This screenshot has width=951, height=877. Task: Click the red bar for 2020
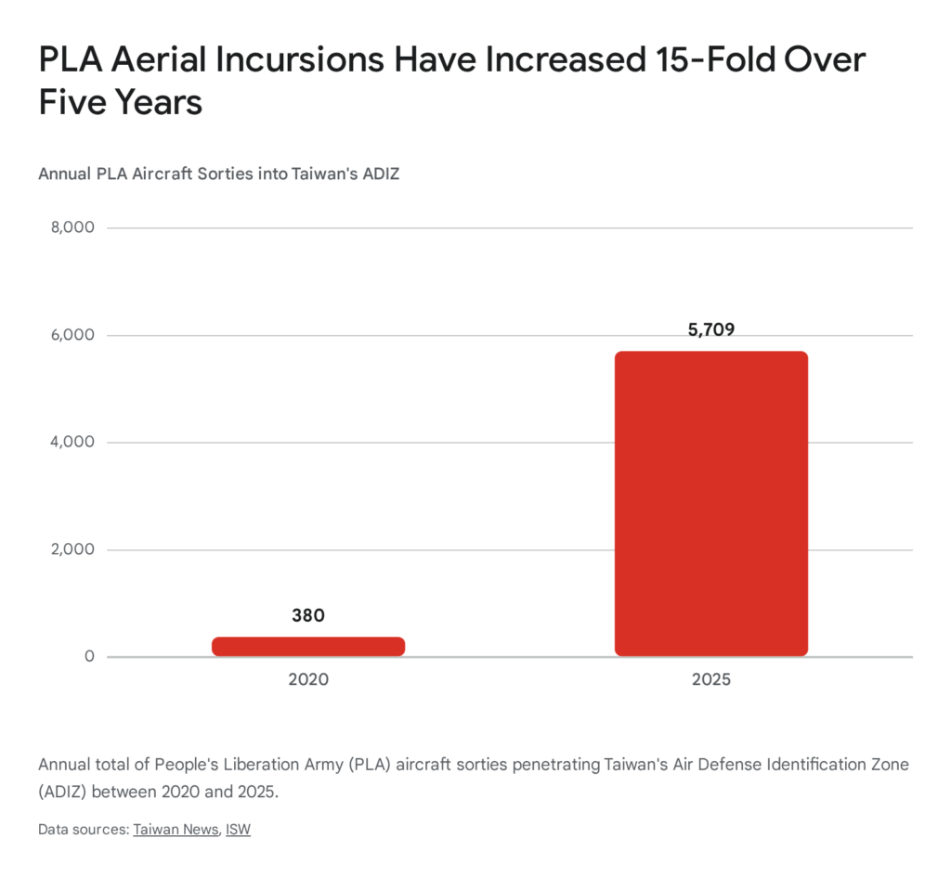click(308, 647)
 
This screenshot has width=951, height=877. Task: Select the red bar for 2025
click(710, 504)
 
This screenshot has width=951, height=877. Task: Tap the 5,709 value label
click(711, 329)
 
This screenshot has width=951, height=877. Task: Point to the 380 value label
click(308, 615)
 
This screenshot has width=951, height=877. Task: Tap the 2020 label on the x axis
click(308, 680)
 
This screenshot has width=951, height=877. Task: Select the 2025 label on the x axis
click(711, 680)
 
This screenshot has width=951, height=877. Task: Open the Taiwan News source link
click(175, 829)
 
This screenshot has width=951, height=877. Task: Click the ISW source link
click(238, 829)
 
